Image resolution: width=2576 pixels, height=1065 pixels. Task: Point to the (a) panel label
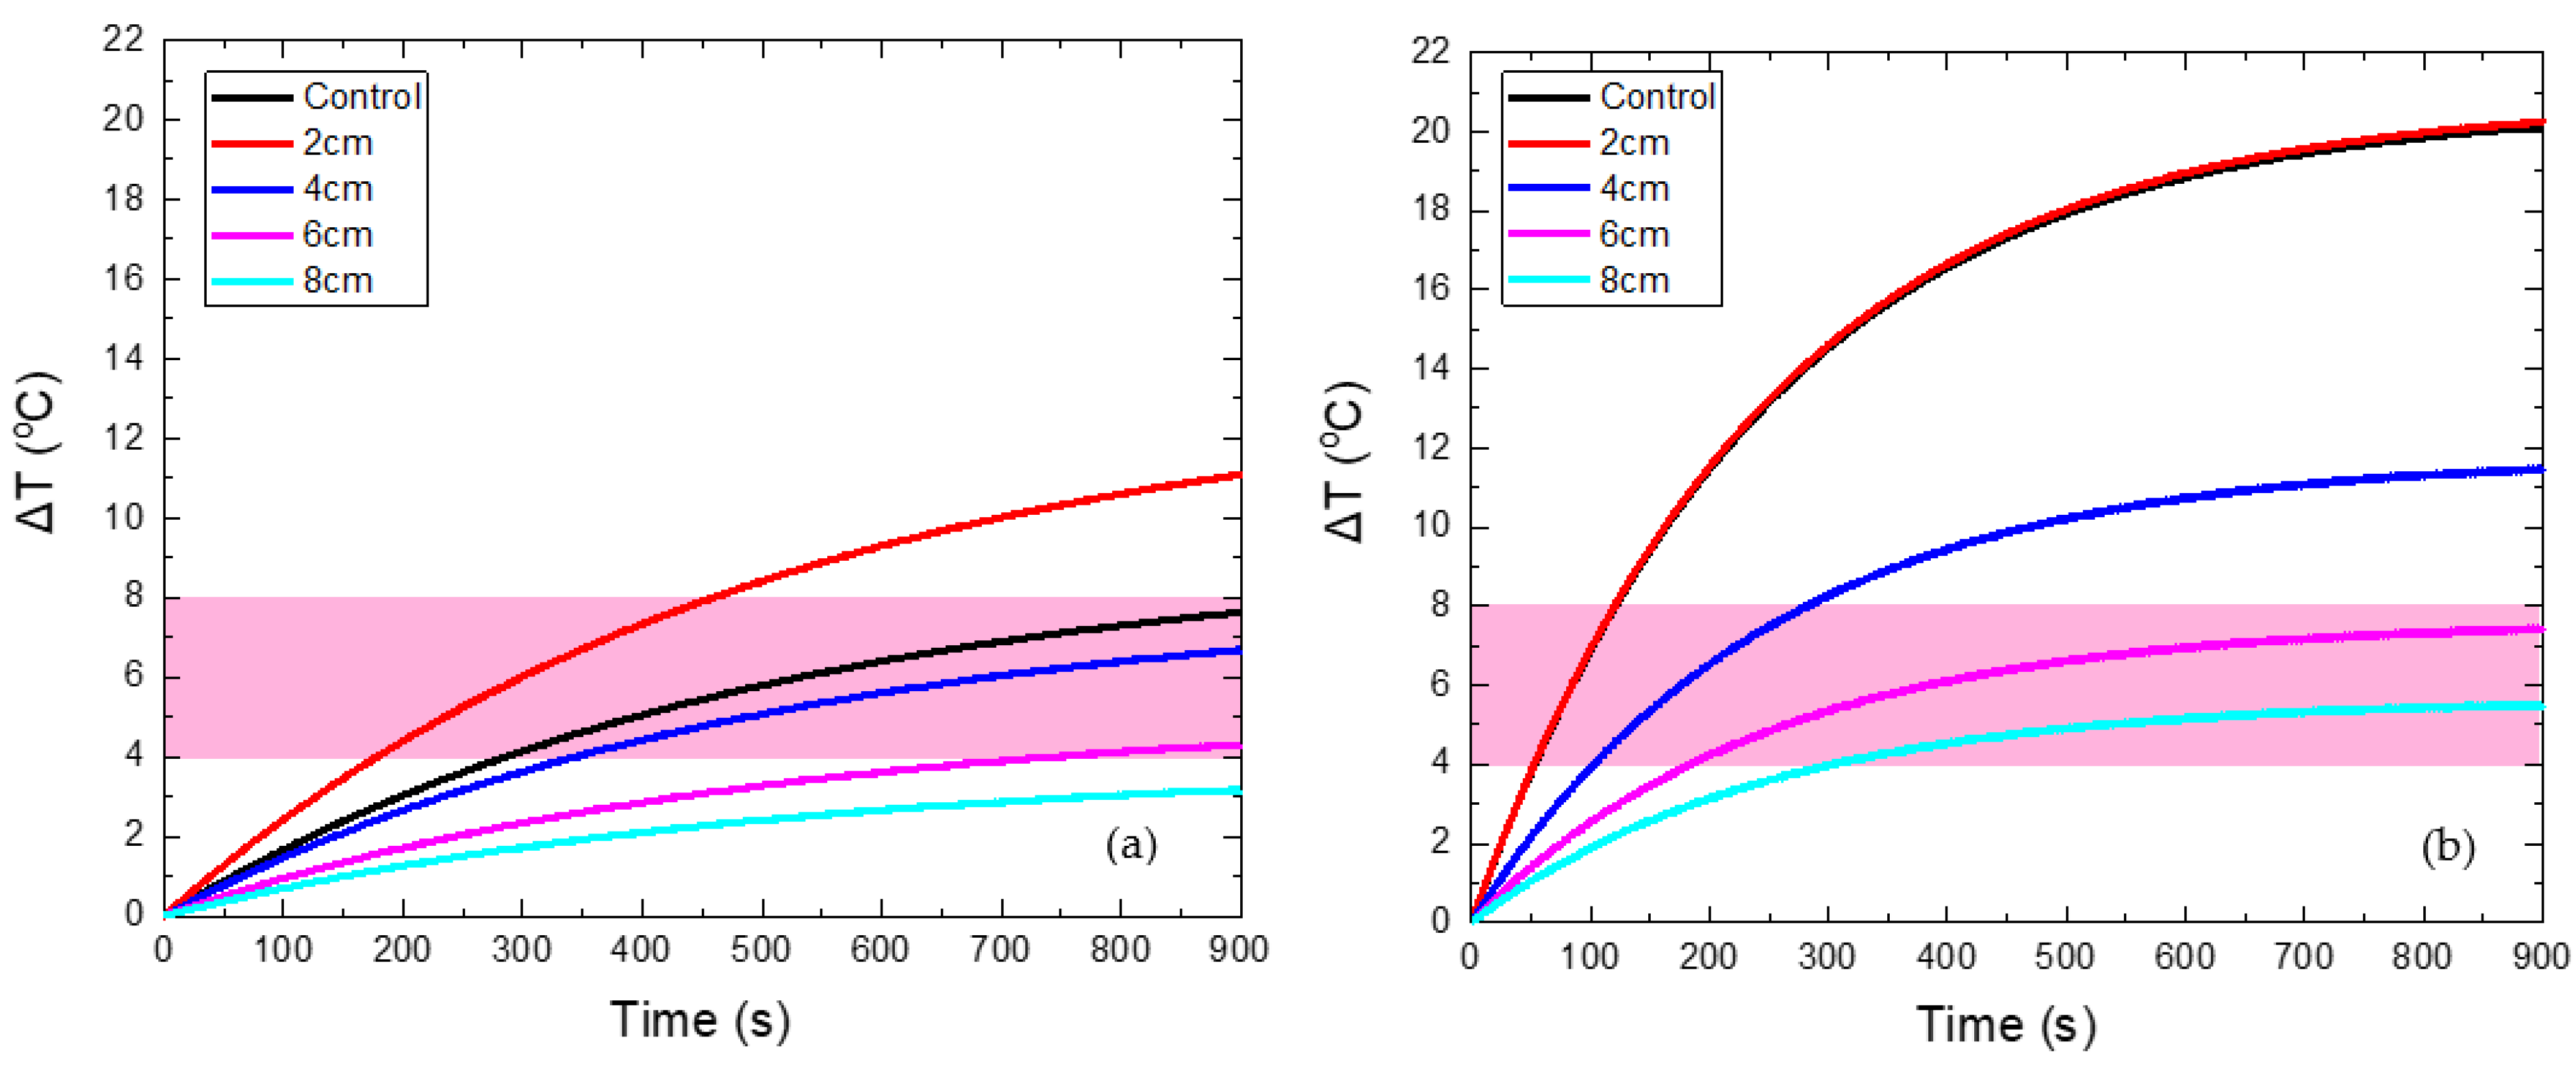point(1131,846)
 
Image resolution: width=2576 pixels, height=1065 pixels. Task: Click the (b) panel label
point(2447,848)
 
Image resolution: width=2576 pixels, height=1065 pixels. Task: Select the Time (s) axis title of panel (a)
point(700,1020)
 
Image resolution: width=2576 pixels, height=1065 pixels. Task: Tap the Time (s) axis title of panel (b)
point(2006,1025)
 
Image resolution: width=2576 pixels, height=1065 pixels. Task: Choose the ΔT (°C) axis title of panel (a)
point(38,452)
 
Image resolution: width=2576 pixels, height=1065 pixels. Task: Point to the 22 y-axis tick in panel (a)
point(124,40)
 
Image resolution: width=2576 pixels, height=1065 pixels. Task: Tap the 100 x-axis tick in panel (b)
point(1589,957)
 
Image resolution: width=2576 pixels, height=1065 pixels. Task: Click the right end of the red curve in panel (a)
point(1239,475)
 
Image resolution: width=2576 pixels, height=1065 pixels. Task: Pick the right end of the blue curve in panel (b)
point(2541,468)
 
